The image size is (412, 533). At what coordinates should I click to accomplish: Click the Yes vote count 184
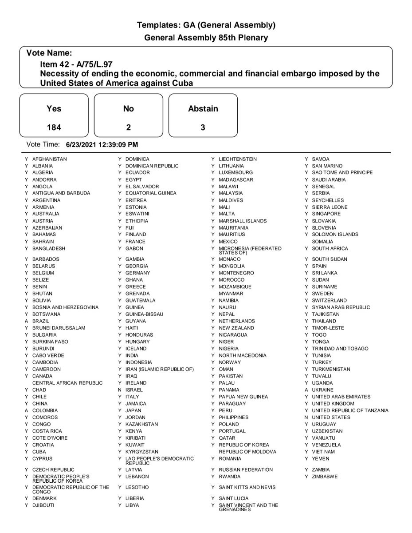click(54, 127)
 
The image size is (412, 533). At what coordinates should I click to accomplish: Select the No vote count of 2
click(128, 127)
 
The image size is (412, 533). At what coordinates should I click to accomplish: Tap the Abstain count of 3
click(203, 127)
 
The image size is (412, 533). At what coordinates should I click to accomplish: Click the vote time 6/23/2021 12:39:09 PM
click(102, 144)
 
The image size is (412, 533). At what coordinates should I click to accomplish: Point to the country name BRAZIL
click(41, 321)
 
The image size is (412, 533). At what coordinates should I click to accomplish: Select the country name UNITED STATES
click(331, 418)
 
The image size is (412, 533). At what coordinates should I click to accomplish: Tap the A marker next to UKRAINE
click(306, 390)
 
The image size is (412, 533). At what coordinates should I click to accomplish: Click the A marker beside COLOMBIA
click(27, 411)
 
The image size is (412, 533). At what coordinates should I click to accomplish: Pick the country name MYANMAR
click(231, 294)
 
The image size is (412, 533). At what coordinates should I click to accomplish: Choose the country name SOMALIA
click(322, 242)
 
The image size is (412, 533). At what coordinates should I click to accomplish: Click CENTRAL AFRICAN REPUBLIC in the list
click(67, 383)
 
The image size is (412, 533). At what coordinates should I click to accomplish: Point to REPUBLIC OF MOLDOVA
click(247, 452)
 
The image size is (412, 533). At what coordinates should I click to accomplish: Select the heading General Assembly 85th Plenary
click(206, 38)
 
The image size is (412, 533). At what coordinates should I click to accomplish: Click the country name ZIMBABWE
click(325, 477)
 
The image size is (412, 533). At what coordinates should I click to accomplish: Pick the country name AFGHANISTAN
click(50, 159)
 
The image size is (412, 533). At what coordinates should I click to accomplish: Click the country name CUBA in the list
click(39, 452)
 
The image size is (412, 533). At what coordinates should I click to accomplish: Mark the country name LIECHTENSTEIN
click(238, 159)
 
